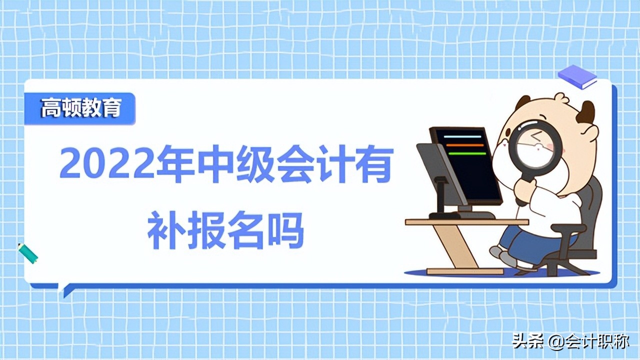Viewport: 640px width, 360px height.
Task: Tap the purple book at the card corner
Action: coord(577,76)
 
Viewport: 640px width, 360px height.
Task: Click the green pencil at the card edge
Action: coord(28,253)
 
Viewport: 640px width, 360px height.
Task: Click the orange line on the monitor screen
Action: coord(464,145)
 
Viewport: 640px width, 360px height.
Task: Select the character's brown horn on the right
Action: coord(586,112)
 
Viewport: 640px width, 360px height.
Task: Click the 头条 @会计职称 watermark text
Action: coord(570,342)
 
